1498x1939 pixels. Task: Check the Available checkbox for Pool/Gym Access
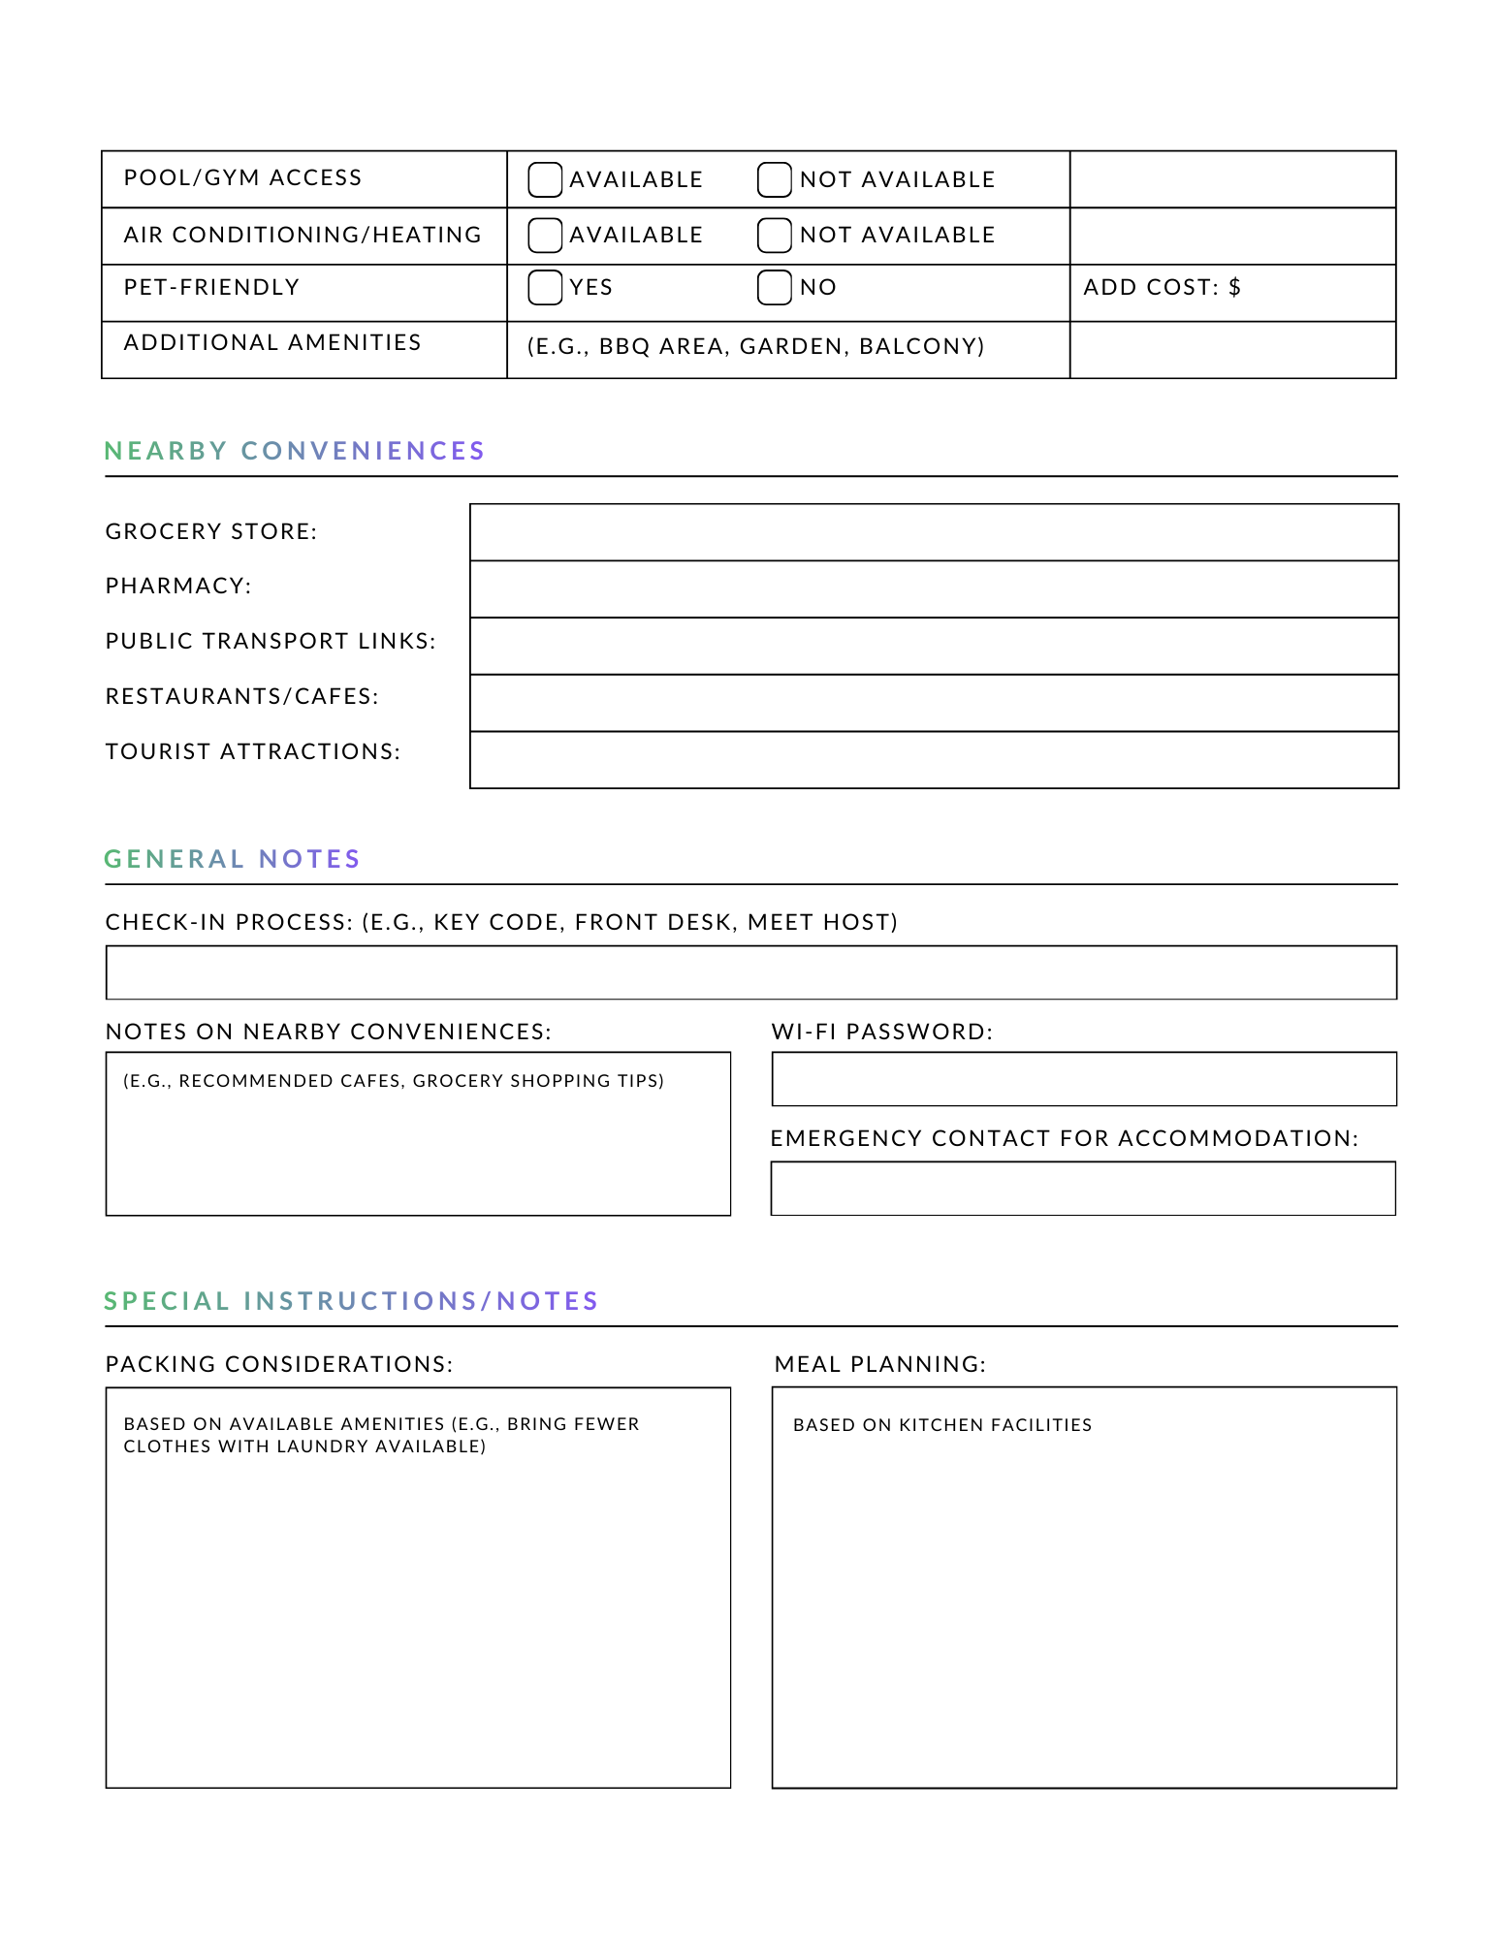pos(545,179)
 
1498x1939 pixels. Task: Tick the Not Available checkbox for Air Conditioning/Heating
pos(774,235)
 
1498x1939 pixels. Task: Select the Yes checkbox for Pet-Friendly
pos(545,287)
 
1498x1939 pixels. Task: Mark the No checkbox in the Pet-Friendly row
pos(774,287)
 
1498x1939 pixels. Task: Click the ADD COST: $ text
pos(1162,287)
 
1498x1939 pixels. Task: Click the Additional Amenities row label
pos(272,342)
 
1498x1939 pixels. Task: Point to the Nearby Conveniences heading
pos(295,451)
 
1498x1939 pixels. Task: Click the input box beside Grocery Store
pos(933,532)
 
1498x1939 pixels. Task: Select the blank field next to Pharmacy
pos(933,588)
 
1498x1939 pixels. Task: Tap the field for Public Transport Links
pos(933,646)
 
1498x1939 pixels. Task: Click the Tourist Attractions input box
pos(933,759)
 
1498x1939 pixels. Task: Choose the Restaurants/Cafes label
pos(242,696)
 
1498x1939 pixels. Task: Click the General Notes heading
pos(233,859)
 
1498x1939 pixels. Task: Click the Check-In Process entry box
pos(750,972)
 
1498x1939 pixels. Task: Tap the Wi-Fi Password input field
pos(1083,1078)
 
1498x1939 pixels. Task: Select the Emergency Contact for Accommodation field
pos(1082,1188)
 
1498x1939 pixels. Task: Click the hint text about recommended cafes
pos(394,1081)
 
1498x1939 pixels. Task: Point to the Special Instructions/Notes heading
pos(352,1301)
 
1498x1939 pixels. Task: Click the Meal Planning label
pos(879,1364)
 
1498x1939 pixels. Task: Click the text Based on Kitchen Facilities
pos(941,1425)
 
